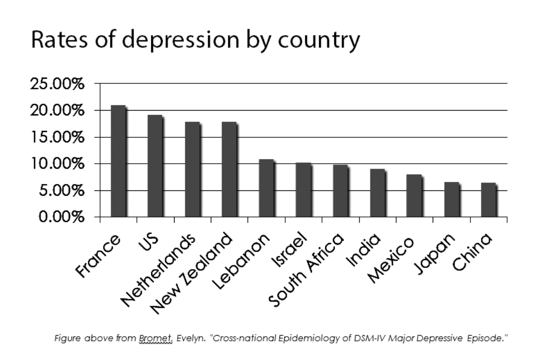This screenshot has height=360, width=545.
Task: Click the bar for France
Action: click(118, 161)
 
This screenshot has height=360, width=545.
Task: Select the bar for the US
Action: click(155, 166)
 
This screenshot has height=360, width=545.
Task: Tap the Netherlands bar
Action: click(192, 169)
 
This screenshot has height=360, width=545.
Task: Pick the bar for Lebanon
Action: click(266, 188)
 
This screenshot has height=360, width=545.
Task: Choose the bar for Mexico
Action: click(414, 196)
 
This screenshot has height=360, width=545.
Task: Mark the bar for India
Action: click(377, 193)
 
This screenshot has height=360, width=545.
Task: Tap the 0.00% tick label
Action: click(61, 217)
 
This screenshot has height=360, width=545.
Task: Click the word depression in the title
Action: click(155, 41)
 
